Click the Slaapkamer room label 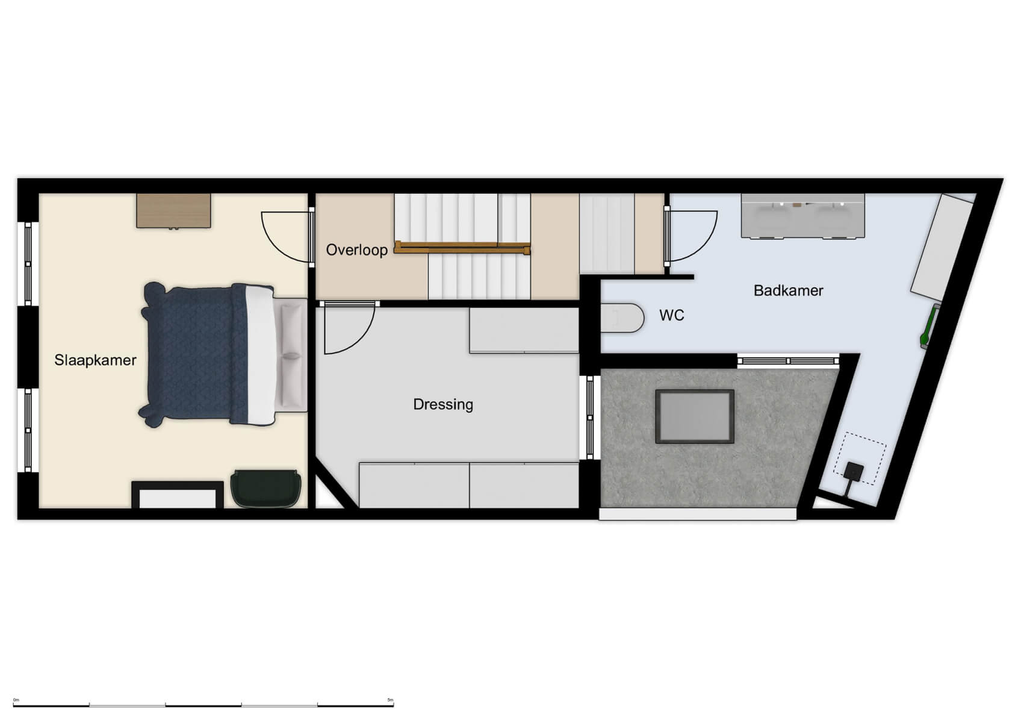[95, 360]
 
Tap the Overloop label [356, 250]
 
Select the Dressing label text [443, 404]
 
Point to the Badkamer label [788, 291]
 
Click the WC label [672, 316]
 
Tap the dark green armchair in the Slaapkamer [265, 488]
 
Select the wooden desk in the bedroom [173, 210]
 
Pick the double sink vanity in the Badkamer [802, 216]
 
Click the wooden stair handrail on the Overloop [462, 247]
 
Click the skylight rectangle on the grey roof [695, 416]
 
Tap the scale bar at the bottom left [203, 704]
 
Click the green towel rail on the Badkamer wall [928, 326]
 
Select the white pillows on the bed [292, 355]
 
